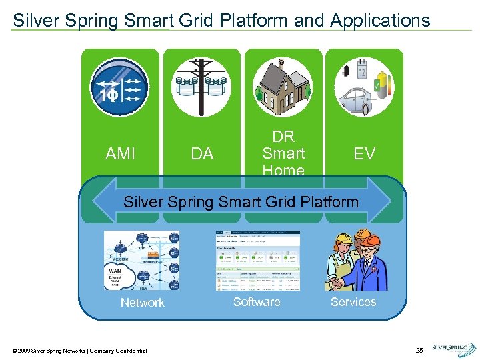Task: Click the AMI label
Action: coord(120,154)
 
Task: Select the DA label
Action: coord(202,154)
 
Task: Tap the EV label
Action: coord(364,154)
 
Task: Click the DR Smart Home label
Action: coord(283,153)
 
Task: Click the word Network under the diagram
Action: coord(142,303)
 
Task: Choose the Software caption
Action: coord(257,302)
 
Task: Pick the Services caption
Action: coord(353,302)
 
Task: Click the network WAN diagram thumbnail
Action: coord(142,261)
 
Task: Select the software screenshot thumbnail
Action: coord(257,261)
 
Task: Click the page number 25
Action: coord(419,350)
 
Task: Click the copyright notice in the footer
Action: coord(79,351)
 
